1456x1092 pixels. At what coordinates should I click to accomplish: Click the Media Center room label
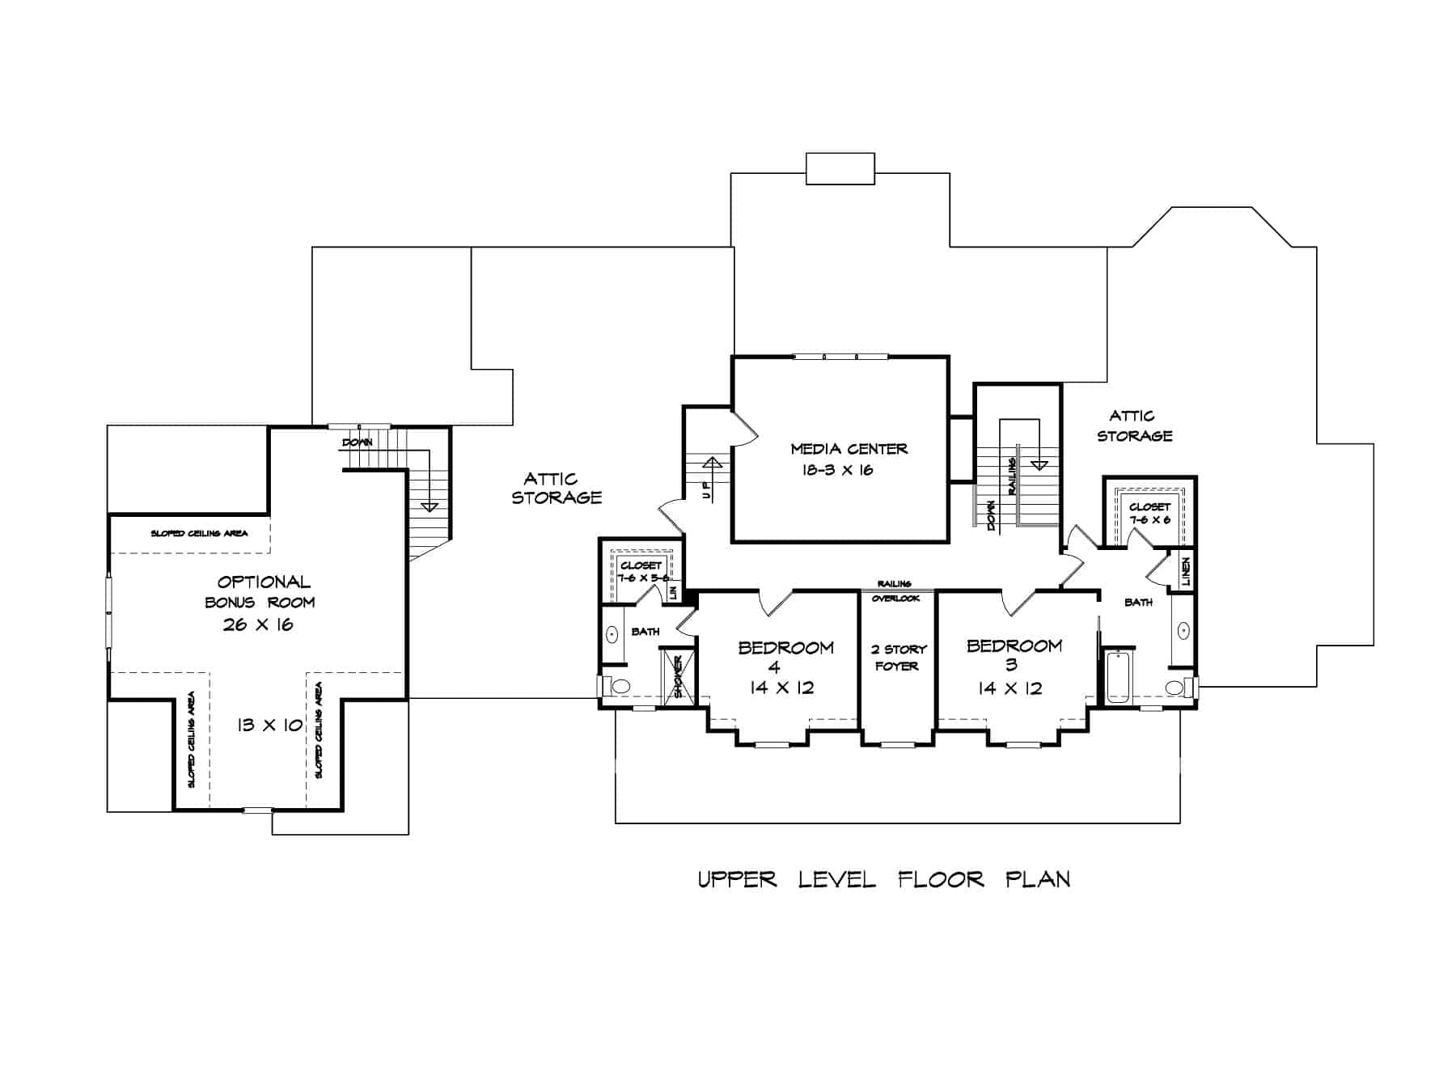849,448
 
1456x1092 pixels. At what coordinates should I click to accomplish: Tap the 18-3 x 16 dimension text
838,470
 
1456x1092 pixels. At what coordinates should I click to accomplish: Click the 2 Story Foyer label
898,658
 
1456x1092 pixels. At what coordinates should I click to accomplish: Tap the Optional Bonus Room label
261,591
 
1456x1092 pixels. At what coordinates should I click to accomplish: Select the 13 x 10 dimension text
269,726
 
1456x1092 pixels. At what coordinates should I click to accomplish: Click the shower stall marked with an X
678,676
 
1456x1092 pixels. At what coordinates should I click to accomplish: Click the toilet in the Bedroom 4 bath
619,687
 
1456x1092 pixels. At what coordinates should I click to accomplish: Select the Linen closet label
1186,571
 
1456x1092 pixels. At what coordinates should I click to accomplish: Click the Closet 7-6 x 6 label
1149,514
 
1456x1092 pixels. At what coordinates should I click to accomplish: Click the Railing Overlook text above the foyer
895,591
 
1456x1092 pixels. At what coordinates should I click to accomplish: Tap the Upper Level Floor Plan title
883,879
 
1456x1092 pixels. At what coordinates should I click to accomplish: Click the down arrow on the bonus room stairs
430,505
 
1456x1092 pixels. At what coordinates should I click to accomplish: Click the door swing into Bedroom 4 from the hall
772,603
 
